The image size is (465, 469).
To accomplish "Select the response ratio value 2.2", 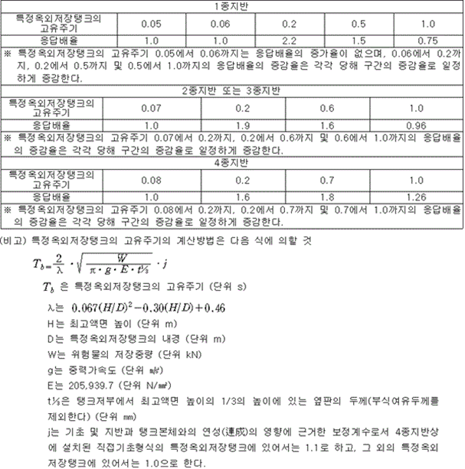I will click(x=290, y=38).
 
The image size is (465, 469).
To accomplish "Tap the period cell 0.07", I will click(x=151, y=106).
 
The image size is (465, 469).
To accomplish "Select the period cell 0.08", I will click(x=151, y=179).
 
